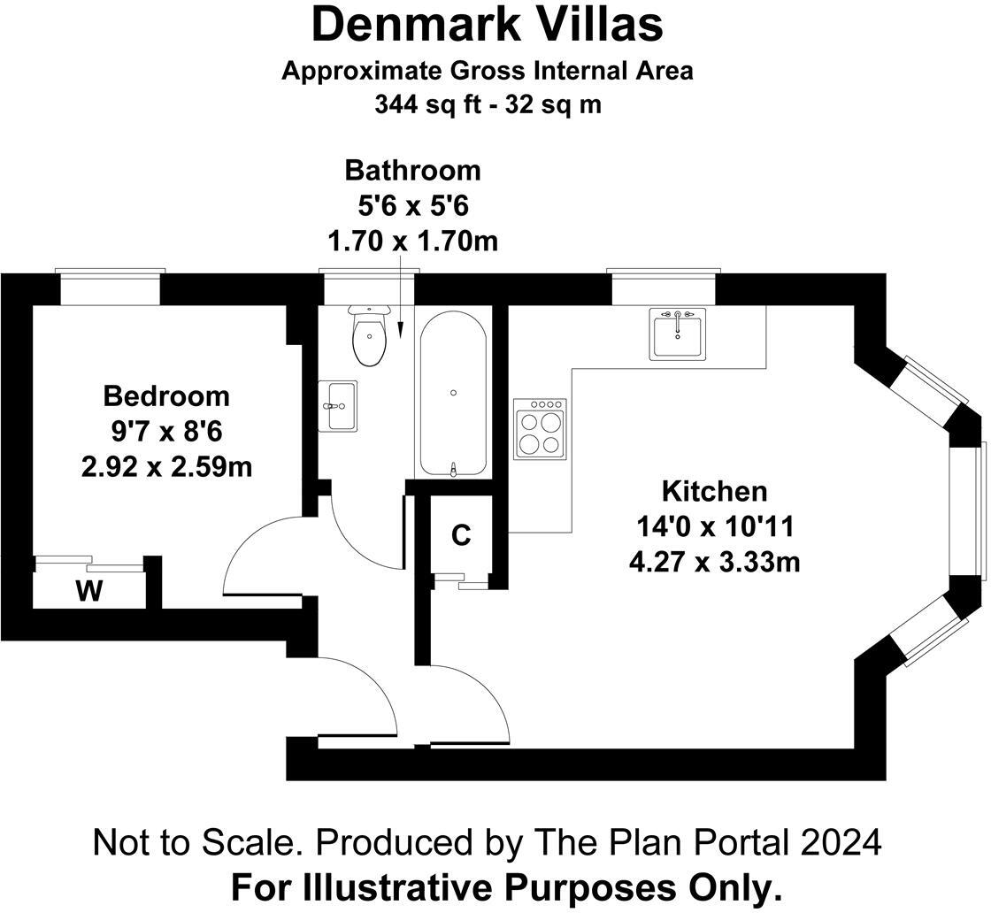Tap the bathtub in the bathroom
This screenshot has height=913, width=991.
tap(453, 394)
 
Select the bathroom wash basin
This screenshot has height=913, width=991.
tap(337, 406)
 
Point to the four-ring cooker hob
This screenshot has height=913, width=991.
tap(540, 429)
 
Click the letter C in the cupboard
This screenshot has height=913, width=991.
tap(461, 535)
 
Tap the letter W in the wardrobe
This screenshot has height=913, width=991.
tap(89, 591)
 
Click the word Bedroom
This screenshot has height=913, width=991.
tap(166, 396)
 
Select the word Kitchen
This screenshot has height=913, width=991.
tap(714, 491)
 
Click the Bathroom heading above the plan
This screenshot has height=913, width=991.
tap(412, 171)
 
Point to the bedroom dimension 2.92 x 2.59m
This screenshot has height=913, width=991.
tap(167, 467)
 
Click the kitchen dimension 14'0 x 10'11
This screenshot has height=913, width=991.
tap(715, 526)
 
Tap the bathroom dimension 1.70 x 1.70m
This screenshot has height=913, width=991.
tap(412, 241)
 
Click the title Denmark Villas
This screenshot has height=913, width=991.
tap(488, 26)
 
